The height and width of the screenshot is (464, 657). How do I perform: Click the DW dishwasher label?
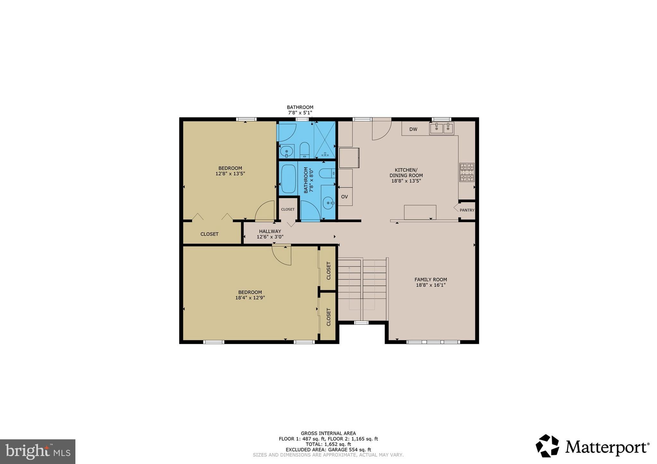(x=413, y=129)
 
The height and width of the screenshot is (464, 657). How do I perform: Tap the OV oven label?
(x=344, y=197)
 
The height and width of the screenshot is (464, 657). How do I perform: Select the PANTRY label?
(x=467, y=210)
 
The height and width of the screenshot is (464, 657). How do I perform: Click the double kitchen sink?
(x=442, y=128)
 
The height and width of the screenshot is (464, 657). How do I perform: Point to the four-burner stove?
(x=467, y=172)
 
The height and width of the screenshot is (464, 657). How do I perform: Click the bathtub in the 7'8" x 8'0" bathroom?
(x=288, y=179)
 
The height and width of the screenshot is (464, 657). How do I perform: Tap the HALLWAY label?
(x=270, y=231)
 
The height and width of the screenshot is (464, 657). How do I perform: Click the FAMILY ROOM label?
(x=431, y=279)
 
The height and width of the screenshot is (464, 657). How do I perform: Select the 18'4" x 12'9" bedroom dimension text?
(x=250, y=298)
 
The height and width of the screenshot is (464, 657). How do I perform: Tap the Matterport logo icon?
(x=547, y=446)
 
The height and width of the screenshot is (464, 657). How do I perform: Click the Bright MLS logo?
(x=38, y=452)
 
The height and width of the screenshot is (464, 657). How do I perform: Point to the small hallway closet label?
(x=288, y=209)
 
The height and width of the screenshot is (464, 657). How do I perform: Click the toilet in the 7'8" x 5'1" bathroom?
(x=304, y=151)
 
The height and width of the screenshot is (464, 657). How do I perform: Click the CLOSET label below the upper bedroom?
(x=209, y=234)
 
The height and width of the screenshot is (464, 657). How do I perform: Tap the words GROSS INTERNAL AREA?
(x=328, y=433)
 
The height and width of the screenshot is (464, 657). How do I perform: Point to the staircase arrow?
(x=349, y=269)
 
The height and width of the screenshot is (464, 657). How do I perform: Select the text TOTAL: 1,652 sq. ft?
(x=328, y=444)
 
